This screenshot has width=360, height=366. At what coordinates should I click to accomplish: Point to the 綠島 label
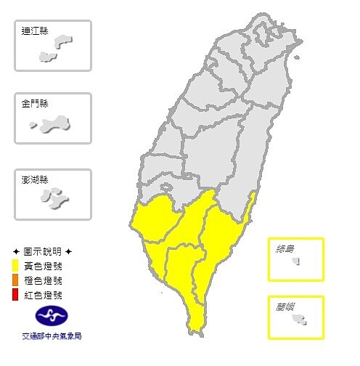pos(285,249)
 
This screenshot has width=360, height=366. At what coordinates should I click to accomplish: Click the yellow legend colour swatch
pos(15,266)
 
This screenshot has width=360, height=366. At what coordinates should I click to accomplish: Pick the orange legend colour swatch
pos(15,280)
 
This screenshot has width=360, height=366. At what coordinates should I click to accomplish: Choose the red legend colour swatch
pos(15,295)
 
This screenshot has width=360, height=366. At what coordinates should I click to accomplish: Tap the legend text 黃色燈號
pos(43,266)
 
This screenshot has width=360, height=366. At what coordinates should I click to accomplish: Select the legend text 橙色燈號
pos(43,280)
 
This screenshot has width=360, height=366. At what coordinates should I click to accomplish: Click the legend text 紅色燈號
pos(43,295)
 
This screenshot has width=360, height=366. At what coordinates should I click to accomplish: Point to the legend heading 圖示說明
pos(42,251)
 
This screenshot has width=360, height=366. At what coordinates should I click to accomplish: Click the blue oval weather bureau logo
pos(51,317)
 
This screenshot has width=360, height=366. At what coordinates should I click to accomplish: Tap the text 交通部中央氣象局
pos(51,337)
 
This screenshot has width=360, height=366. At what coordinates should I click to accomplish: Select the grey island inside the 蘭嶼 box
pos(299,319)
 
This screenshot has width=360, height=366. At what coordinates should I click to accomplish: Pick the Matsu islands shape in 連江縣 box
pos(58,47)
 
